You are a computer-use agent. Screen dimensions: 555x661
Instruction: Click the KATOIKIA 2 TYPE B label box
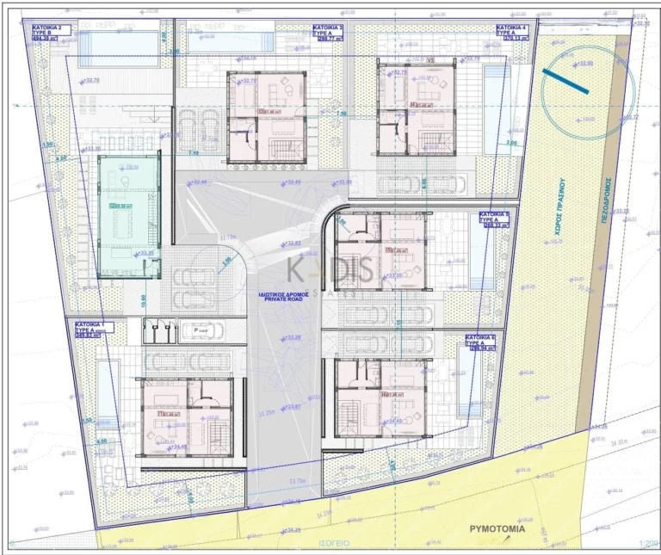53,34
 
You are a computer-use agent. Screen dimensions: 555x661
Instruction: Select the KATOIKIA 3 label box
329,34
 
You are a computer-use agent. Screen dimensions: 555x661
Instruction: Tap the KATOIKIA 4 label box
513,34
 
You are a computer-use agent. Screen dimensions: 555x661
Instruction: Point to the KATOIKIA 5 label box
494,218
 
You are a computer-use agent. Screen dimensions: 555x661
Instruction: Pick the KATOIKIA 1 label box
90,330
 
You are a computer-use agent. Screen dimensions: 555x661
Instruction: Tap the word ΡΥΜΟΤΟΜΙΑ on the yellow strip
496,531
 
